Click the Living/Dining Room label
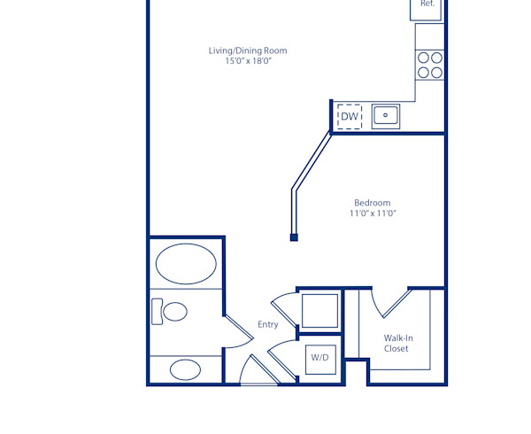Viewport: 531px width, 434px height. point(248,50)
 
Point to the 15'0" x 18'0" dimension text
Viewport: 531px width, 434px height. point(248,61)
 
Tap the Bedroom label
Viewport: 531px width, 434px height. point(372,203)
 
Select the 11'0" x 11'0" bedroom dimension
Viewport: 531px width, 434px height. point(372,213)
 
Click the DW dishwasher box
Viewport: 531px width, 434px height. point(350,116)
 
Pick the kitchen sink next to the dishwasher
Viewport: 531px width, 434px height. point(386,116)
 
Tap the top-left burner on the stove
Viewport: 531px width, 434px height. point(424,58)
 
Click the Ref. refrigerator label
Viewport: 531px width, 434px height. point(428,4)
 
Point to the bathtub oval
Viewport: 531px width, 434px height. point(186,263)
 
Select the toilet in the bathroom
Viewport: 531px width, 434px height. point(172,312)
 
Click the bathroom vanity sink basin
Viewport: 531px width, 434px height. point(186,369)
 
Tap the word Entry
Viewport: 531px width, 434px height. point(268,324)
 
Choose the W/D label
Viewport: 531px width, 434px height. point(319,358)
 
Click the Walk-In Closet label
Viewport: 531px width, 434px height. point(396,343)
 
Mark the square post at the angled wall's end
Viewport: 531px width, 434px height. point(294,237)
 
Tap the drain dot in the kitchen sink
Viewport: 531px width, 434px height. point(386,115)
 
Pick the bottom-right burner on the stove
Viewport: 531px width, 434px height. point(436,71)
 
